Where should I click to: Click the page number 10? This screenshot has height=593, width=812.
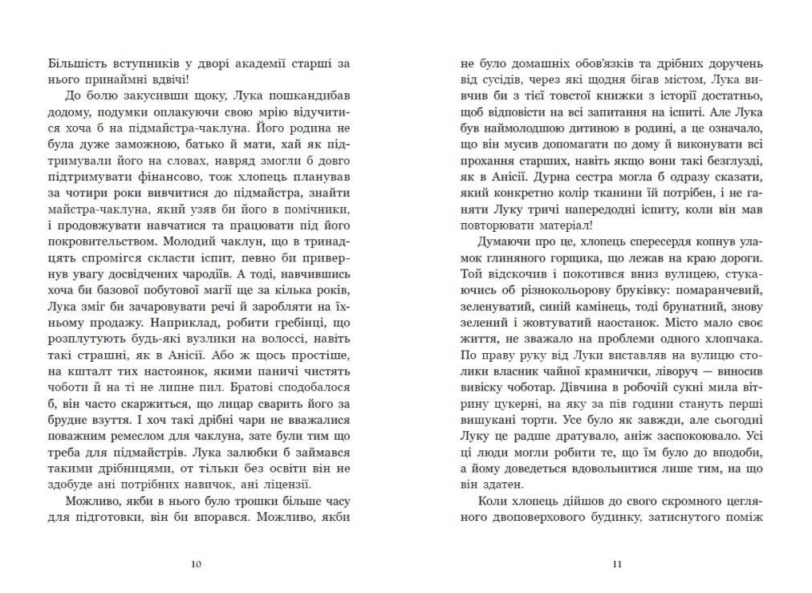point(197,564)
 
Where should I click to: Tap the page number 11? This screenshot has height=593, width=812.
point(616,564)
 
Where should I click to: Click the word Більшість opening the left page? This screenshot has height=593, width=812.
point(77,63)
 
